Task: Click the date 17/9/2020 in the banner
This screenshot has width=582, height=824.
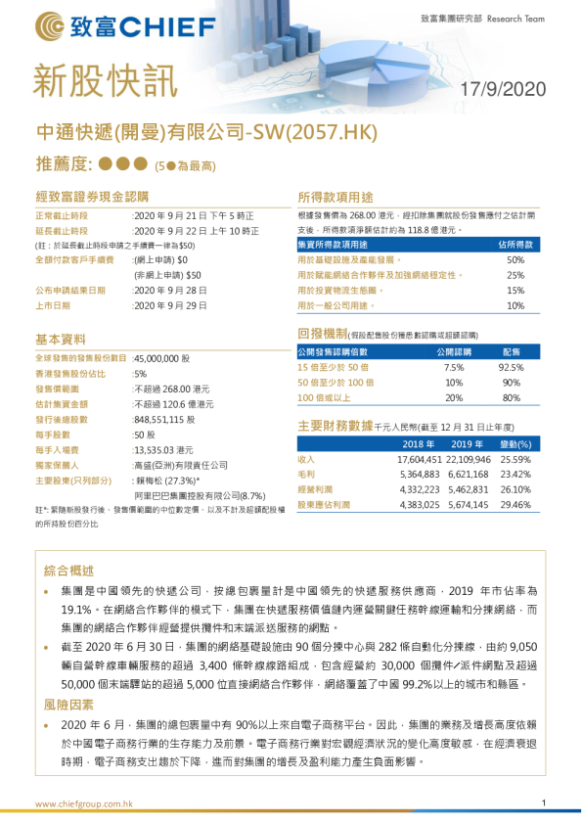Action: click(x=504, y=90)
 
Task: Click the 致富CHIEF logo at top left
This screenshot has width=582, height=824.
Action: click(x=92, y=23)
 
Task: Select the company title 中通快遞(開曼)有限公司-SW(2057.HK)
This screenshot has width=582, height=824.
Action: click(x=205, y=133)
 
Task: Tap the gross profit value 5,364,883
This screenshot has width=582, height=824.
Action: click(x=420, y=474)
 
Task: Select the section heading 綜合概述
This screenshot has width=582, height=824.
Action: click(x=69, y=571)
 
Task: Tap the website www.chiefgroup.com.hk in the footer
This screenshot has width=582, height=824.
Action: click(x=84, y=803)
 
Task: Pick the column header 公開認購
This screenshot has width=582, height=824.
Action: click(x=453, y=350)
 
